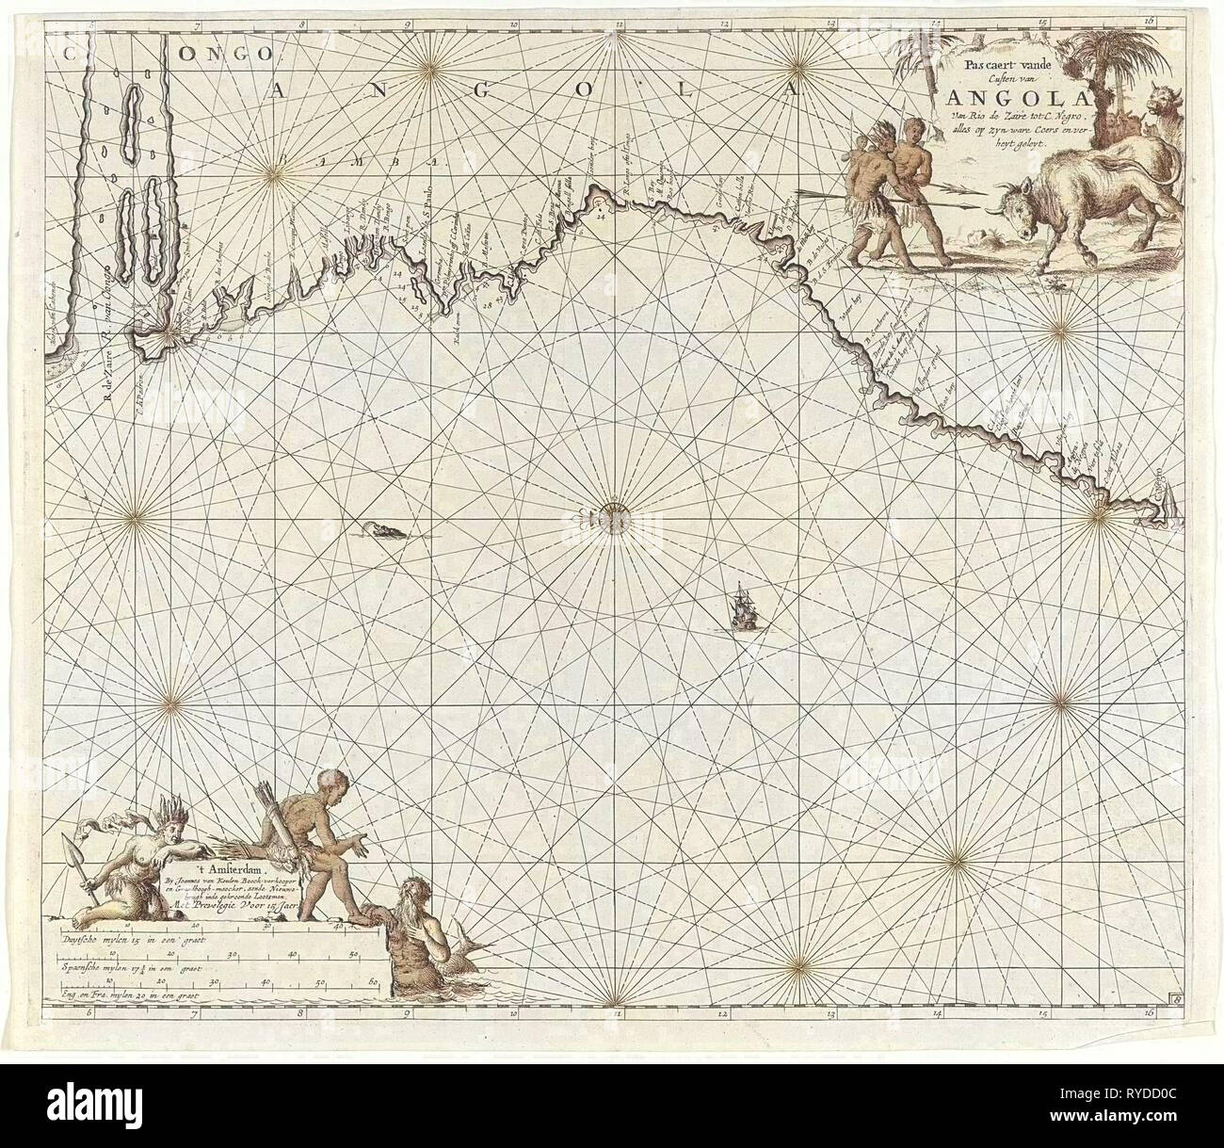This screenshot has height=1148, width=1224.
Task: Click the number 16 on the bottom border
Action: coord(1151,1011)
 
